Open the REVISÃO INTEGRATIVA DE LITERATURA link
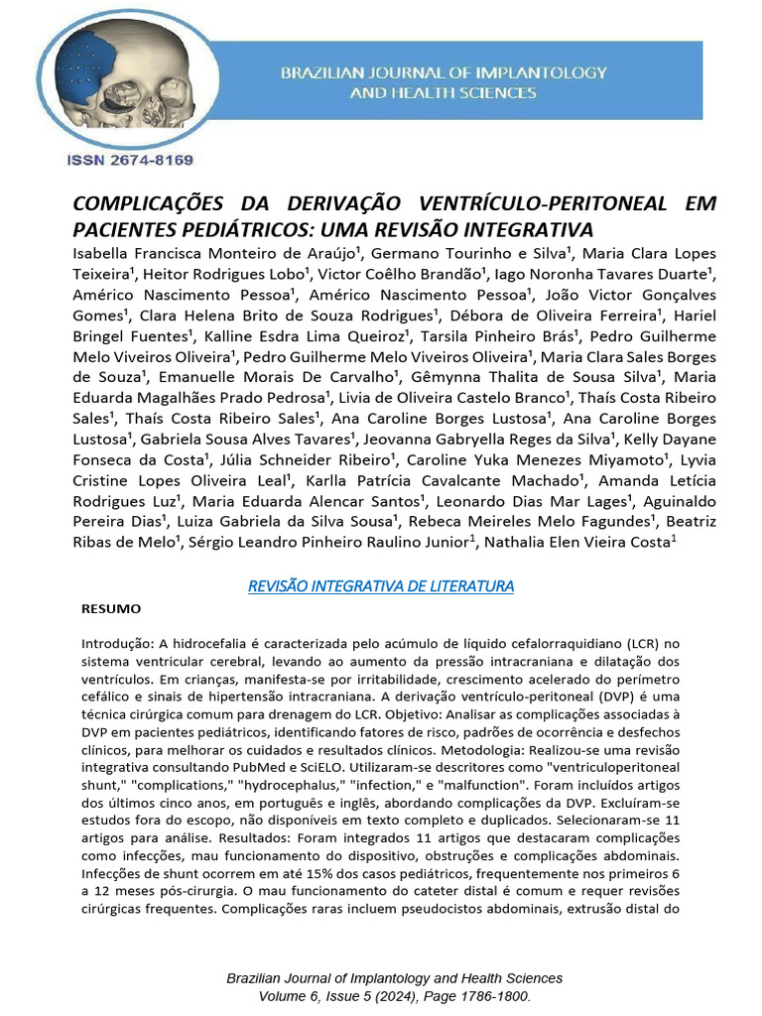pyautogui.click(x=381, y=586)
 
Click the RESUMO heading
pyautogui.click(x=111, y=608)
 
